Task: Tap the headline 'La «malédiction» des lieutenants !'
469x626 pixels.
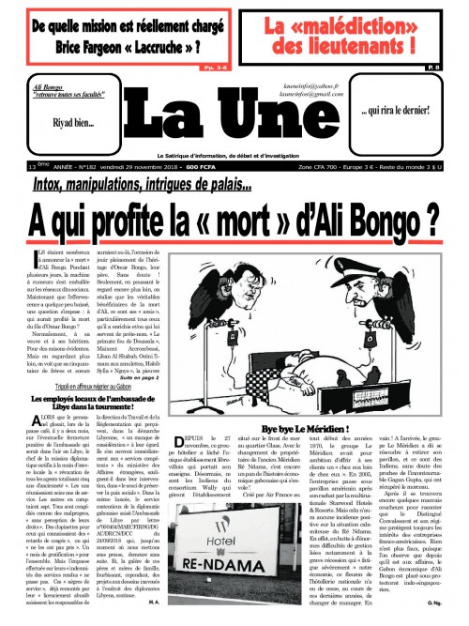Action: point(356,33)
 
